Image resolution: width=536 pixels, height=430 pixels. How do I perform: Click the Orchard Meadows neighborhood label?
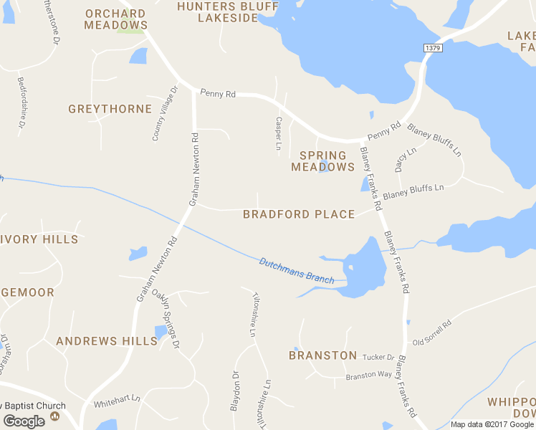pos(115,19)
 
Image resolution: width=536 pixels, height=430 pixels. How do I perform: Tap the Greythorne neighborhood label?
pos(110,109)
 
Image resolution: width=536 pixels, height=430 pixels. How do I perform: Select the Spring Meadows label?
pos(322,161)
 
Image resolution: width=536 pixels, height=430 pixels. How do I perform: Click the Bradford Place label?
pos(299,214)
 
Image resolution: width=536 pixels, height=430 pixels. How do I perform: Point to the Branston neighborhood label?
pos(322,355)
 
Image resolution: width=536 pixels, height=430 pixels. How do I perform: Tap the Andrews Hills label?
pos(107,341)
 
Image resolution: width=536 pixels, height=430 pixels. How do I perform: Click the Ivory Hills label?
pos(39,239)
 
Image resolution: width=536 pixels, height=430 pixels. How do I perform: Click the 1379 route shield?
pos(432,48)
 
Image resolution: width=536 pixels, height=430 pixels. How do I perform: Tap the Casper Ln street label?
pos(279,133)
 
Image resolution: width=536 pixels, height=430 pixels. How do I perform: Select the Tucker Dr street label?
pos(378,358)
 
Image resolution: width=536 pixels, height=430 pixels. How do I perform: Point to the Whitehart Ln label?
pos(117,398)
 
